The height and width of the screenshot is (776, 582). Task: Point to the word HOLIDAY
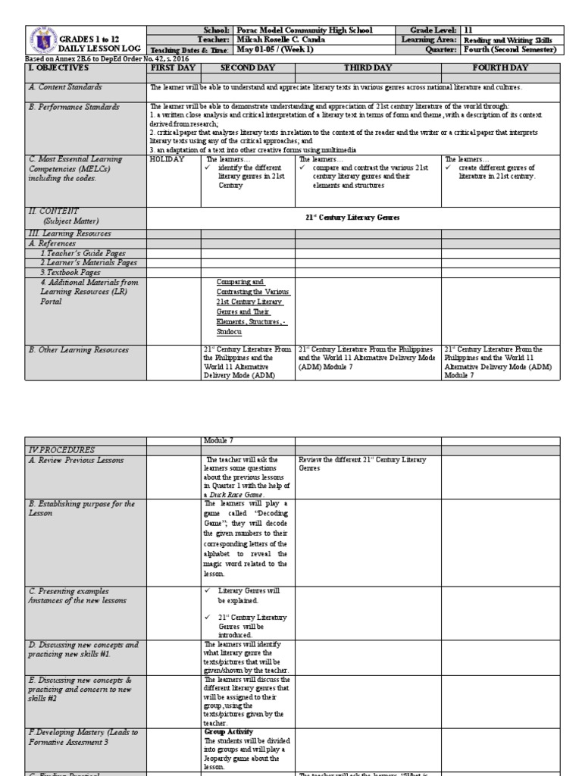coord(167,159)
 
